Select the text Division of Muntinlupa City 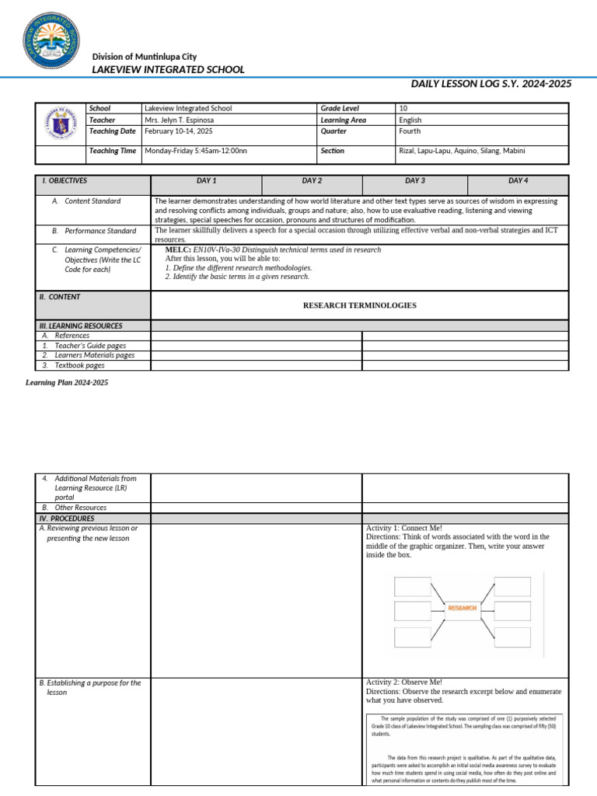pyautogui.click(x=145, y=57)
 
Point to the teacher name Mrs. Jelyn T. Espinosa pyautogui.click(x=179, y=120)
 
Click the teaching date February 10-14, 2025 pyautogui.click(x=176, y=131)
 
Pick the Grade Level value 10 pyautogui.click(x=403, y=109)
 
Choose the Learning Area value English pyautogui.click(x=410, y=120)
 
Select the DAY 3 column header pyautogui.click(x=415, y=181)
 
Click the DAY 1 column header pyautogui.click(x=206, y=181)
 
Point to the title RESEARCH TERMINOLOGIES pyautogui.click(x=359, y=305)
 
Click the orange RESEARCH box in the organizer pyautogui.click(x=462, y=608)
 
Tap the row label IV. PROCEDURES pyautogui.click(x=67, y=518)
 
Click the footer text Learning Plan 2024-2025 pyautogui.click(x=67, y=383)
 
